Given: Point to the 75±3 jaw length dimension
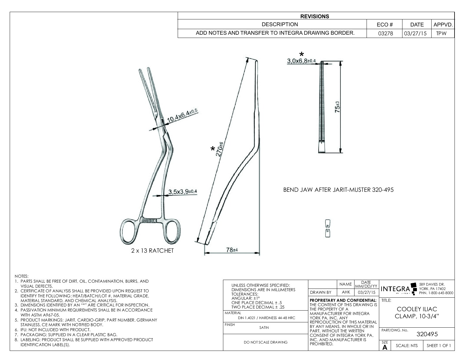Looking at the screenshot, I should tap(338, 107).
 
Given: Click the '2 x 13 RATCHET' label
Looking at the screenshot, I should tap(152, 251).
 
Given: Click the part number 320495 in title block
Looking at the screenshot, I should tap(427, 334).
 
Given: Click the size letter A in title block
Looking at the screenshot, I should tap(385, 347).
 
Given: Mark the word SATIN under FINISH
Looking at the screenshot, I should tap(264, 327).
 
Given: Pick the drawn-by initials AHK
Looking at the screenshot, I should tap(346, 292).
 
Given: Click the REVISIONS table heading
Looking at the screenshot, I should tap(314, 16).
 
